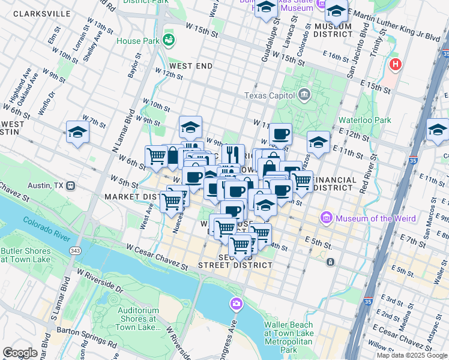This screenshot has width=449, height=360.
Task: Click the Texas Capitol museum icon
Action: (304, 95)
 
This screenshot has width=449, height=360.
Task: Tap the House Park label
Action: (137, 41)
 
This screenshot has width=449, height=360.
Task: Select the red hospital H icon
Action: (395, 64)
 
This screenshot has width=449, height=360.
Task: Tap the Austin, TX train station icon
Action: (71, 186)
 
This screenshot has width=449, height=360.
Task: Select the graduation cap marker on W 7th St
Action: (77, 131)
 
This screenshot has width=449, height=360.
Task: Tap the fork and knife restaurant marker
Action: (233, 154)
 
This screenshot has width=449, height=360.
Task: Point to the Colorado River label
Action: (52, 230)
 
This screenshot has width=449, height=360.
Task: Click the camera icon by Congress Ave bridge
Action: (236, 305)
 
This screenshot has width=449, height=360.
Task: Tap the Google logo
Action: (20, 353)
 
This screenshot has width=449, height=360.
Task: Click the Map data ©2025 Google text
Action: (411, 355)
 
